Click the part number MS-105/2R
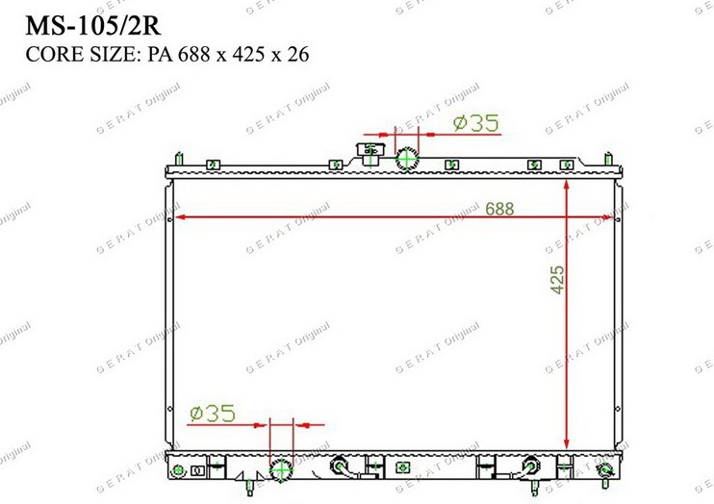point(93,26)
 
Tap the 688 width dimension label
point(499,209)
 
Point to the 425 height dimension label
point(557,280)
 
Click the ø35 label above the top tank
point(476,123)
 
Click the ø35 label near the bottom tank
point(213,414)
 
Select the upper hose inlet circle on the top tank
point(407,159)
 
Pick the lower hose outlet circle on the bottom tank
point(281,469)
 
